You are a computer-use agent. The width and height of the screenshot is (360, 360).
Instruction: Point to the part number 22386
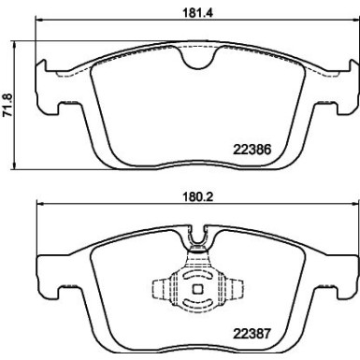click(250, 146)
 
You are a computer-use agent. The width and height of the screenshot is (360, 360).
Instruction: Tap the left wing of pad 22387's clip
click(160, 290)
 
